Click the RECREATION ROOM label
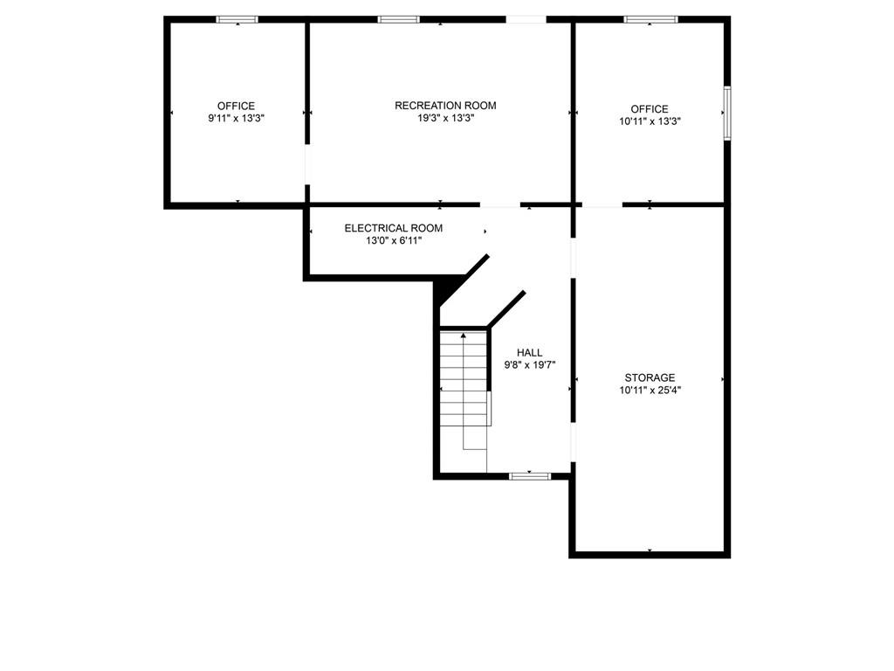point(445,106)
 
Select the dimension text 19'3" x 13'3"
point(445,118)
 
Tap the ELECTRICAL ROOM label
point(393,228)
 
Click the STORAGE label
point(650,377)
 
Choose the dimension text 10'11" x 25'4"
point(650,391)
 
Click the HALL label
point(530,352)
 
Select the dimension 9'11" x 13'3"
point(236,118)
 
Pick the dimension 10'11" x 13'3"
point(650,122)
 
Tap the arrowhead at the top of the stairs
point(463,335)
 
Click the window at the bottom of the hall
point(530,475)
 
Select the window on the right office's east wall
point(727,112)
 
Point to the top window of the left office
point(237,19)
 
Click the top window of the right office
point(651,19)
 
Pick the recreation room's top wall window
point(398,19)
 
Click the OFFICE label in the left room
point(236,106)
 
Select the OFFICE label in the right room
point(650,109)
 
